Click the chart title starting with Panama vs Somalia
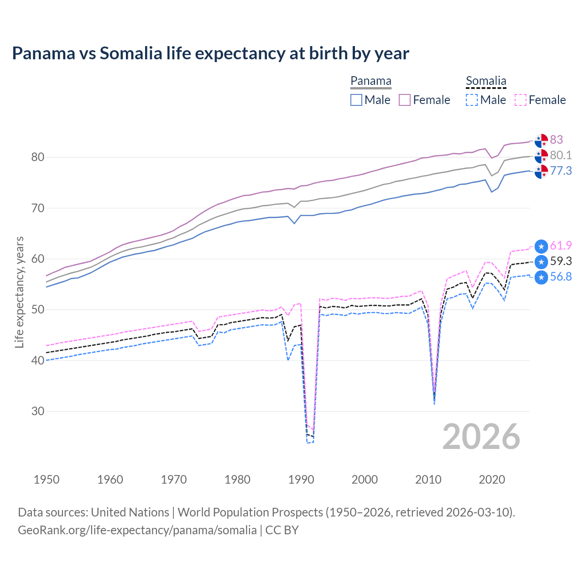(x=210, y=53)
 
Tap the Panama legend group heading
(x=370, y=81)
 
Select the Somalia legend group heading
(x=486, y=81)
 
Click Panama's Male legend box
(x=356, y=100)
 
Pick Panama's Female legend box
(x=405, y=100)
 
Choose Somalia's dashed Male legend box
(x=472, y=100)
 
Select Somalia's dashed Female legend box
(x=520, y=100)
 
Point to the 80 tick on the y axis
(x=38, y=157)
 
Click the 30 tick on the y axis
(x=38, y=412)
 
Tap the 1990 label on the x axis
(x=301, y=480)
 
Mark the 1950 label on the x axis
(x=47, y=480)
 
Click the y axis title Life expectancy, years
(x=19, y=292)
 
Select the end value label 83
(x=556, y=140)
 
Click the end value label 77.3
(x=561, y=171)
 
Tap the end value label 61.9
(x=561, y=245)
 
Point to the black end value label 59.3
(x=561, y=261)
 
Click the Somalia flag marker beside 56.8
(x=541, y=277)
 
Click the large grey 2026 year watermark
(x=481, y=437)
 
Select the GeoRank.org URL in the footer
(x=137, y=530)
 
